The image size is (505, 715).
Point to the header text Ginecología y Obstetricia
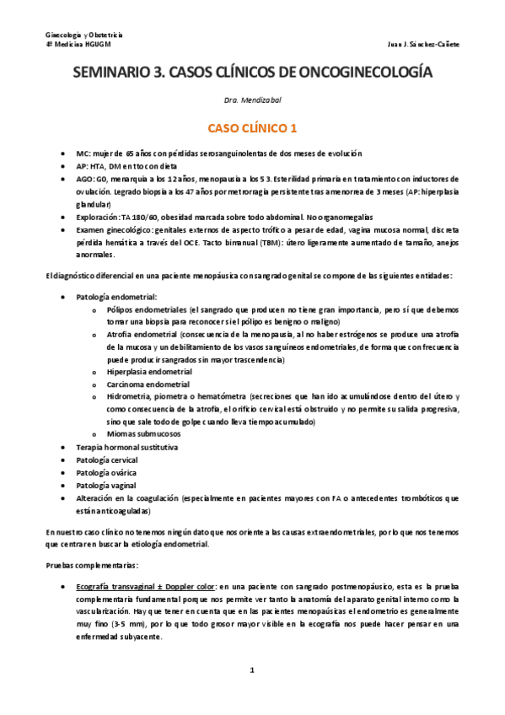click(83, 35)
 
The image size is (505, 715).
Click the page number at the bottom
click(252, 670)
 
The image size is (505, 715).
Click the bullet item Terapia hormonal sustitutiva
click(126, 446)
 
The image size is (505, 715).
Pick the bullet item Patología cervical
click(106, 460)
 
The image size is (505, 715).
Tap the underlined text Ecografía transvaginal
click(118, 585)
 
